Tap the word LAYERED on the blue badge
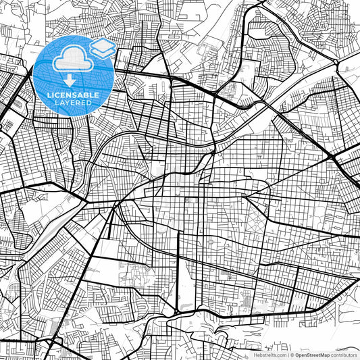click(x=75, y=103)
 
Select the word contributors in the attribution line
click(x=344, y=354)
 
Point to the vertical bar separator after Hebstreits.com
click(x=287, y=354)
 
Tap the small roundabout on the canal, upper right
click(x=336, y=63)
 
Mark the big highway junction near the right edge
click(x=332, y=157)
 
